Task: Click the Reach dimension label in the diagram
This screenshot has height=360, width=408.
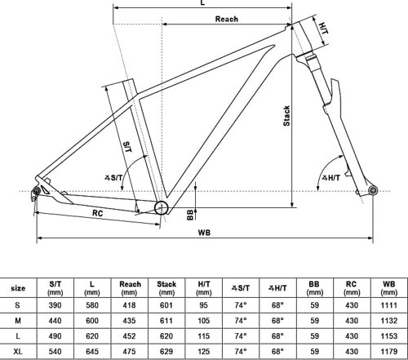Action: point(227,19)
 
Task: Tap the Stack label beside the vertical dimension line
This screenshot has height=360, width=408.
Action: point(286,116)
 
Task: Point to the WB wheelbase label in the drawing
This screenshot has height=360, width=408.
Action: point(204,233)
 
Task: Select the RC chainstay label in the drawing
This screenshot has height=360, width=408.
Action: point(97,213)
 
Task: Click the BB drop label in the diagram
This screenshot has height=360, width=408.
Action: point(190,215)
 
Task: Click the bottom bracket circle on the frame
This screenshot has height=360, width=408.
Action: point(162,208)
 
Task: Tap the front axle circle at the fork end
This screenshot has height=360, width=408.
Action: point(372,190)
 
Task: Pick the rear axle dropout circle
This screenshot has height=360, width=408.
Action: point(36,191)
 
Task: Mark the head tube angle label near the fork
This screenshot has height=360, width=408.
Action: point(331,178)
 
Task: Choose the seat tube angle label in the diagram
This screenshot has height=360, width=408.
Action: point(113,178)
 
